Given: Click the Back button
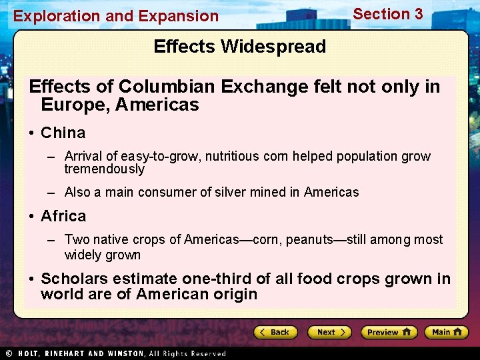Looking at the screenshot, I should click(274, 332).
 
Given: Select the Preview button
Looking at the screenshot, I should click(389, 332).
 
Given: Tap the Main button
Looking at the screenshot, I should click(446, 332).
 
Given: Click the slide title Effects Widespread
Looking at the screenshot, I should click(239, 47).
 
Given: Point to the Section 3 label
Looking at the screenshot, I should click(387, 14).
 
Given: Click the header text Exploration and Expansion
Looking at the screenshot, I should click(116, 16).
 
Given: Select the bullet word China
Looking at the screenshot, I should click(63, 133).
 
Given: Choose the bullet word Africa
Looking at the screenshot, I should click(63, 216).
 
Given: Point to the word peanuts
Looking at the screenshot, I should click(309, 240).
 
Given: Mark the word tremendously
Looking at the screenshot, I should click(104, 169).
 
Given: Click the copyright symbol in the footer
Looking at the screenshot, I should click(9, 353).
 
